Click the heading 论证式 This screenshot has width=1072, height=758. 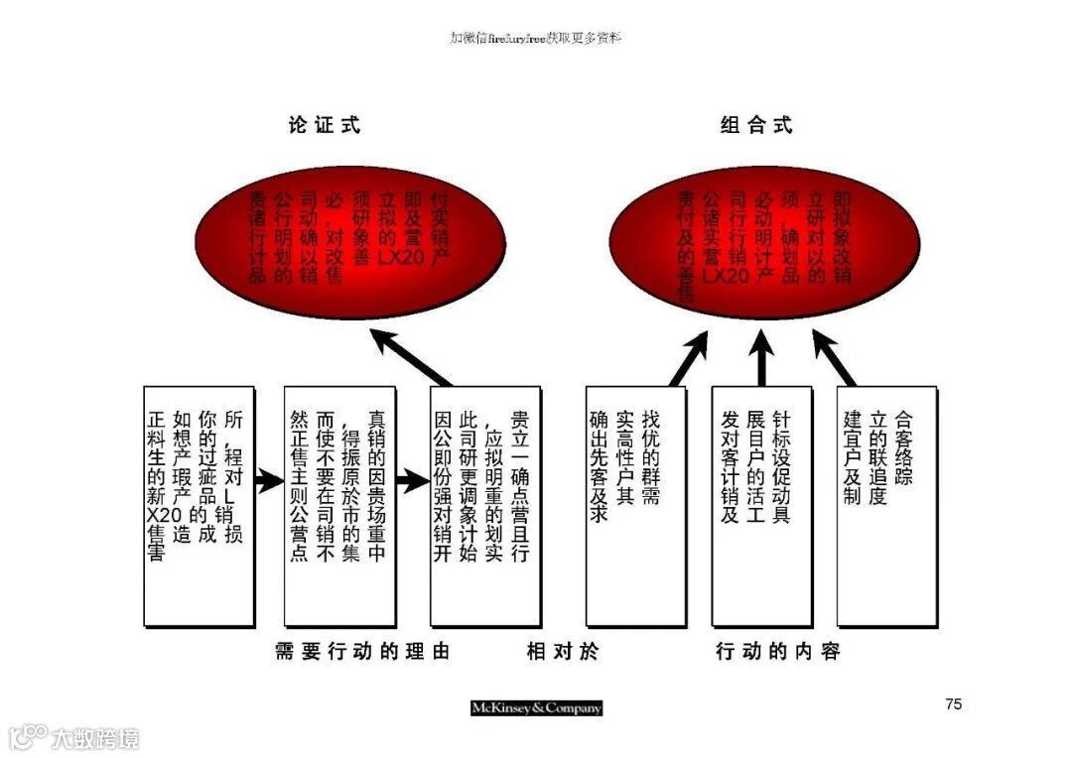[325, 125]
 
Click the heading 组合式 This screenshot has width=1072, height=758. [756, 125]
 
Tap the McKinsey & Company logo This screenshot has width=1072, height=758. [536, 707]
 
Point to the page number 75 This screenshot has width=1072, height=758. [953, 704]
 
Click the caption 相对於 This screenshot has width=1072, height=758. [563, 652]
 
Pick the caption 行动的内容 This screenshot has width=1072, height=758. [778, 652]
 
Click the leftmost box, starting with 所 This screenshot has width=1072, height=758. [199, 506]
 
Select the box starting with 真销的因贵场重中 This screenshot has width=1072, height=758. [339, 506]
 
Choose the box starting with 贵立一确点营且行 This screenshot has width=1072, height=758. [485, 506]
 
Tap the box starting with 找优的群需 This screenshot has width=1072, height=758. [635, 506]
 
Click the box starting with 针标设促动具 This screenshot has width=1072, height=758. [761, 506]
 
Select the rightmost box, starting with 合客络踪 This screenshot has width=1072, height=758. [886, 506]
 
